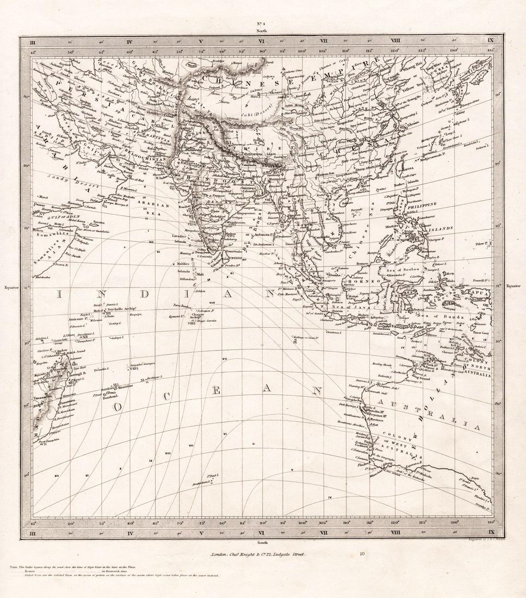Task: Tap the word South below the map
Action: [262, 542]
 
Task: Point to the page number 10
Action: [363, 555]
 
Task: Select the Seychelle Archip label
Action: [119, 308]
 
